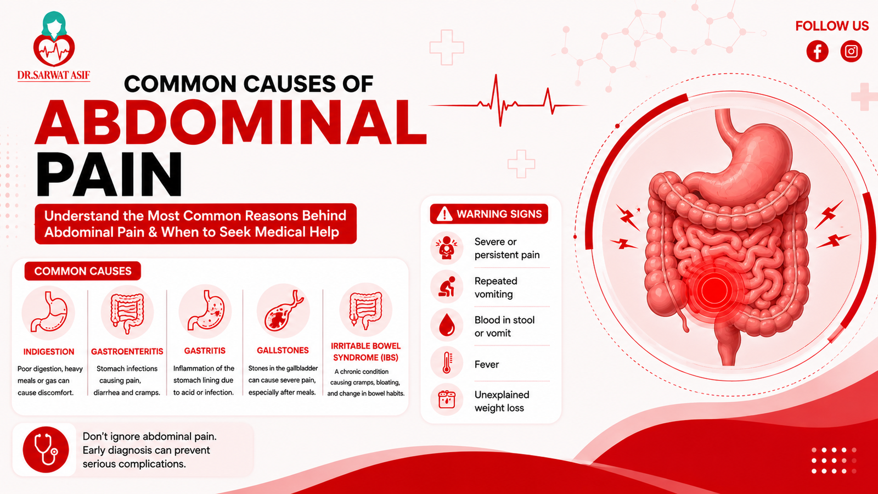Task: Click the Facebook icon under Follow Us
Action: click(x=817, y=52)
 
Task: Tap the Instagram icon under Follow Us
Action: click(x=851, y=52)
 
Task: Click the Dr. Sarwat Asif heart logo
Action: click(x=54, y=39)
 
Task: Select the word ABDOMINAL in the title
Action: click(x=230, y=122)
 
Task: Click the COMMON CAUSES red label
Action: click(x=83, y=271)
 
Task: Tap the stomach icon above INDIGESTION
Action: click(x=48, y=312)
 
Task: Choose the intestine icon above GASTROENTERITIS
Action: click(x=127, y=312)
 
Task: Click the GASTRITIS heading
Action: click(x=205, y=351)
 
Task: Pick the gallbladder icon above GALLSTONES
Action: click(x=283, y=311)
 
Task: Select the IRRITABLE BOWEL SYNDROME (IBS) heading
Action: click(x=365, y=352)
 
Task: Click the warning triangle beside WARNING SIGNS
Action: click(x=444, y=214)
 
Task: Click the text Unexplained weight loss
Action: click(x=502, y=401)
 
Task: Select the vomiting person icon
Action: click(x=447, y=287)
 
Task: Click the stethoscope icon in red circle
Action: click(x=46, y=450)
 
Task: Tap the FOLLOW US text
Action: click(x=832, y=26)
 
